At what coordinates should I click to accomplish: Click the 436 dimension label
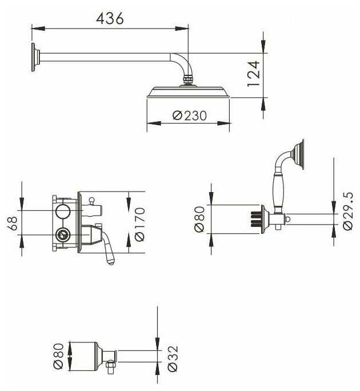pos(110,18)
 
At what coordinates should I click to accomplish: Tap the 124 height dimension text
pos(254,74)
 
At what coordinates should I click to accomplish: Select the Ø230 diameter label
pos(190,115)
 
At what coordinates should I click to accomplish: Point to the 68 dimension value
pos(13,223)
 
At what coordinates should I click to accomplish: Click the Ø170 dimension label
pos(140,224)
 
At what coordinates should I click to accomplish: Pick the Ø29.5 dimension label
pos(348,211)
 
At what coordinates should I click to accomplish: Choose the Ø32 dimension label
pos(173,358)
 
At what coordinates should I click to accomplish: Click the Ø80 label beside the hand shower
pos(199,220)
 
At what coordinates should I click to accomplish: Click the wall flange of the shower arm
pos(35,57)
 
